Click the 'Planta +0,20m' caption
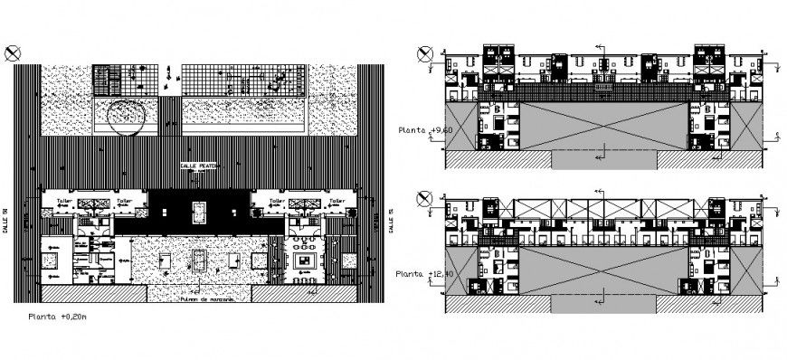59,317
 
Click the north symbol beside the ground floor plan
14,53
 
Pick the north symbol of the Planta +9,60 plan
424,53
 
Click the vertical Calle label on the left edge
29,220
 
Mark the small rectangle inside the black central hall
199,213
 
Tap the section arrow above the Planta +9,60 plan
599,47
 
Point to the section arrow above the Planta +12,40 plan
599,192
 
